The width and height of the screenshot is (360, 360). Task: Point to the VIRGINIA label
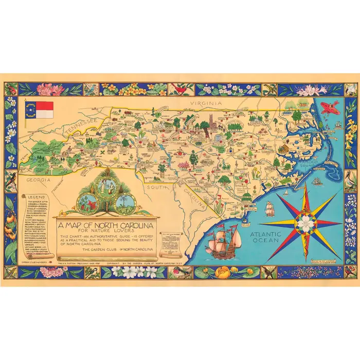coord(206,103)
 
